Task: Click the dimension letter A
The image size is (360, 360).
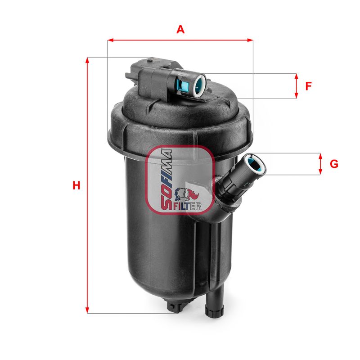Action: (180, 30)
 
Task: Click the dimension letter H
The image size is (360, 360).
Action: (77, 185)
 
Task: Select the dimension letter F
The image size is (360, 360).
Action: (308, 86)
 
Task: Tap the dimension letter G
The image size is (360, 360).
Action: (333, 164)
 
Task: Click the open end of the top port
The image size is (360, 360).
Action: (199, 84)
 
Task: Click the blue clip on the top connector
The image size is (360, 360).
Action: (184, 85)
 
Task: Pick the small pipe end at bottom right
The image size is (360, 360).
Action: (214, 310)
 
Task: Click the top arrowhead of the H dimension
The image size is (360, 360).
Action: (87, 60)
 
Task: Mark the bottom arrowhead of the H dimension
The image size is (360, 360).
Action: (87, 310)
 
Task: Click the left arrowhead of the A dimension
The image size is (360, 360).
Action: (111, 40)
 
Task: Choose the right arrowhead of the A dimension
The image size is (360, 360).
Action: (250, 40)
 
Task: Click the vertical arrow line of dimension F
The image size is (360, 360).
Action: (296, 86)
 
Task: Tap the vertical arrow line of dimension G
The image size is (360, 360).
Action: (320, 164)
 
